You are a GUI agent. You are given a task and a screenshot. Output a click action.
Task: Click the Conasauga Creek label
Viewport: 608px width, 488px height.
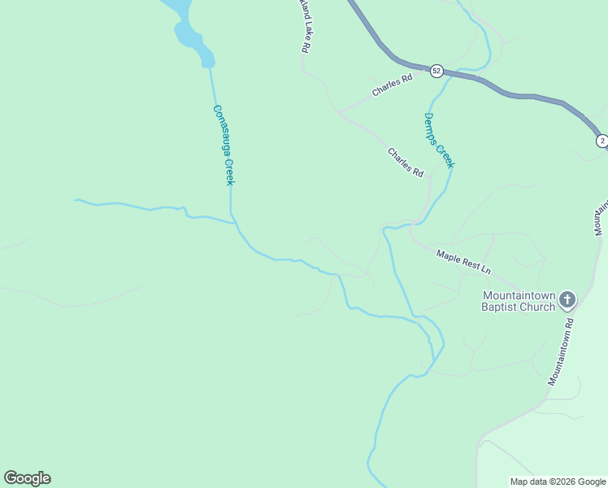pos(224,145)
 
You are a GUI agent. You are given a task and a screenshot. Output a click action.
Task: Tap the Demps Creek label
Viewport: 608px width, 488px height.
pos(439,140)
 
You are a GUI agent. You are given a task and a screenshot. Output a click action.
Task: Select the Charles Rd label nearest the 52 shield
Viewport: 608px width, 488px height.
pos(393,85)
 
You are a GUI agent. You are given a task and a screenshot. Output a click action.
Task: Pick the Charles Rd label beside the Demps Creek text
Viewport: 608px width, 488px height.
pos(405,163)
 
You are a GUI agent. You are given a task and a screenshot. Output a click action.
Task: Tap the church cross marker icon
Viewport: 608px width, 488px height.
pos(567,300)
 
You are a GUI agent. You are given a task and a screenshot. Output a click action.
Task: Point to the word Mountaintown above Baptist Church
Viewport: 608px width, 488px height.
pos(518,295)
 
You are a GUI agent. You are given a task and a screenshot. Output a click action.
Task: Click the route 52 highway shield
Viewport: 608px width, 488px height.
pos(436,71)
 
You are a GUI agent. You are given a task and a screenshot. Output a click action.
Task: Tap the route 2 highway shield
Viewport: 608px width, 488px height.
pos(601,141)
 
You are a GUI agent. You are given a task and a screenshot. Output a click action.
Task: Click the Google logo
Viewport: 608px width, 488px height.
pos(27,478)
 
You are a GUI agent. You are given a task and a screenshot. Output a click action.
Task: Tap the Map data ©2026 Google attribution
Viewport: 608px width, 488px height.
pos(558,481)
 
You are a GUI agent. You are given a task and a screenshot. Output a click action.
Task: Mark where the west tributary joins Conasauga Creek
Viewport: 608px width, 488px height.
pos(232,220)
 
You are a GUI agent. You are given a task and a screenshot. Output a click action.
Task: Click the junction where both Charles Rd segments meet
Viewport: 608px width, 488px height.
pos(338,111)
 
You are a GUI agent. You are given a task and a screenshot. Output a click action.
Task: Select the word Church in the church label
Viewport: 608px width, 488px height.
pos(538,307)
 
